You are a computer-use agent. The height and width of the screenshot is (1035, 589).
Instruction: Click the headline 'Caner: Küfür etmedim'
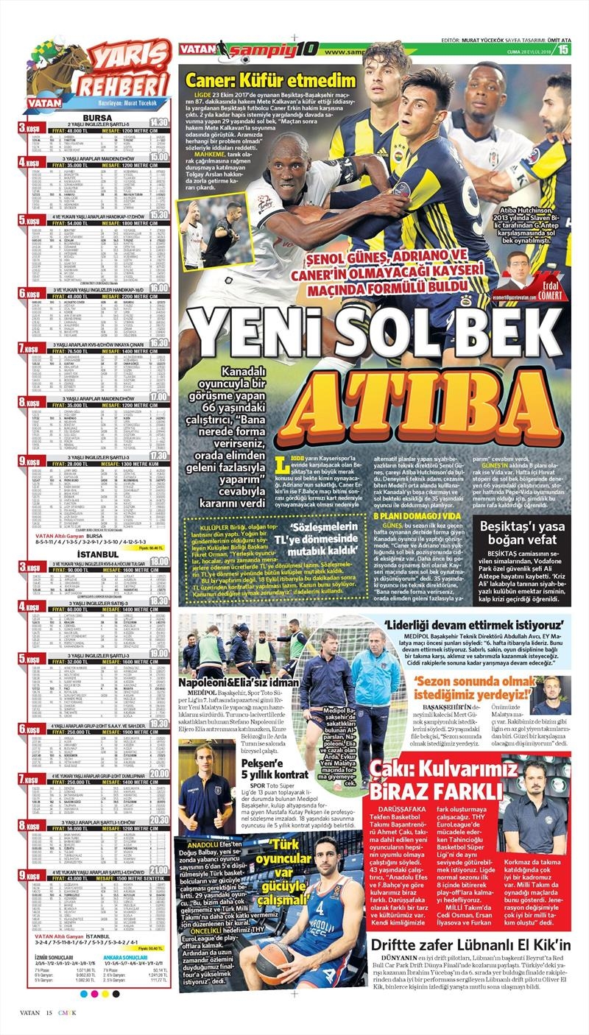271,82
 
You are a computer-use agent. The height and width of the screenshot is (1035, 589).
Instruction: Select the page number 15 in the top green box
563,50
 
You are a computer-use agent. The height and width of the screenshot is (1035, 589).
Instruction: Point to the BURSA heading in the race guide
97,117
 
